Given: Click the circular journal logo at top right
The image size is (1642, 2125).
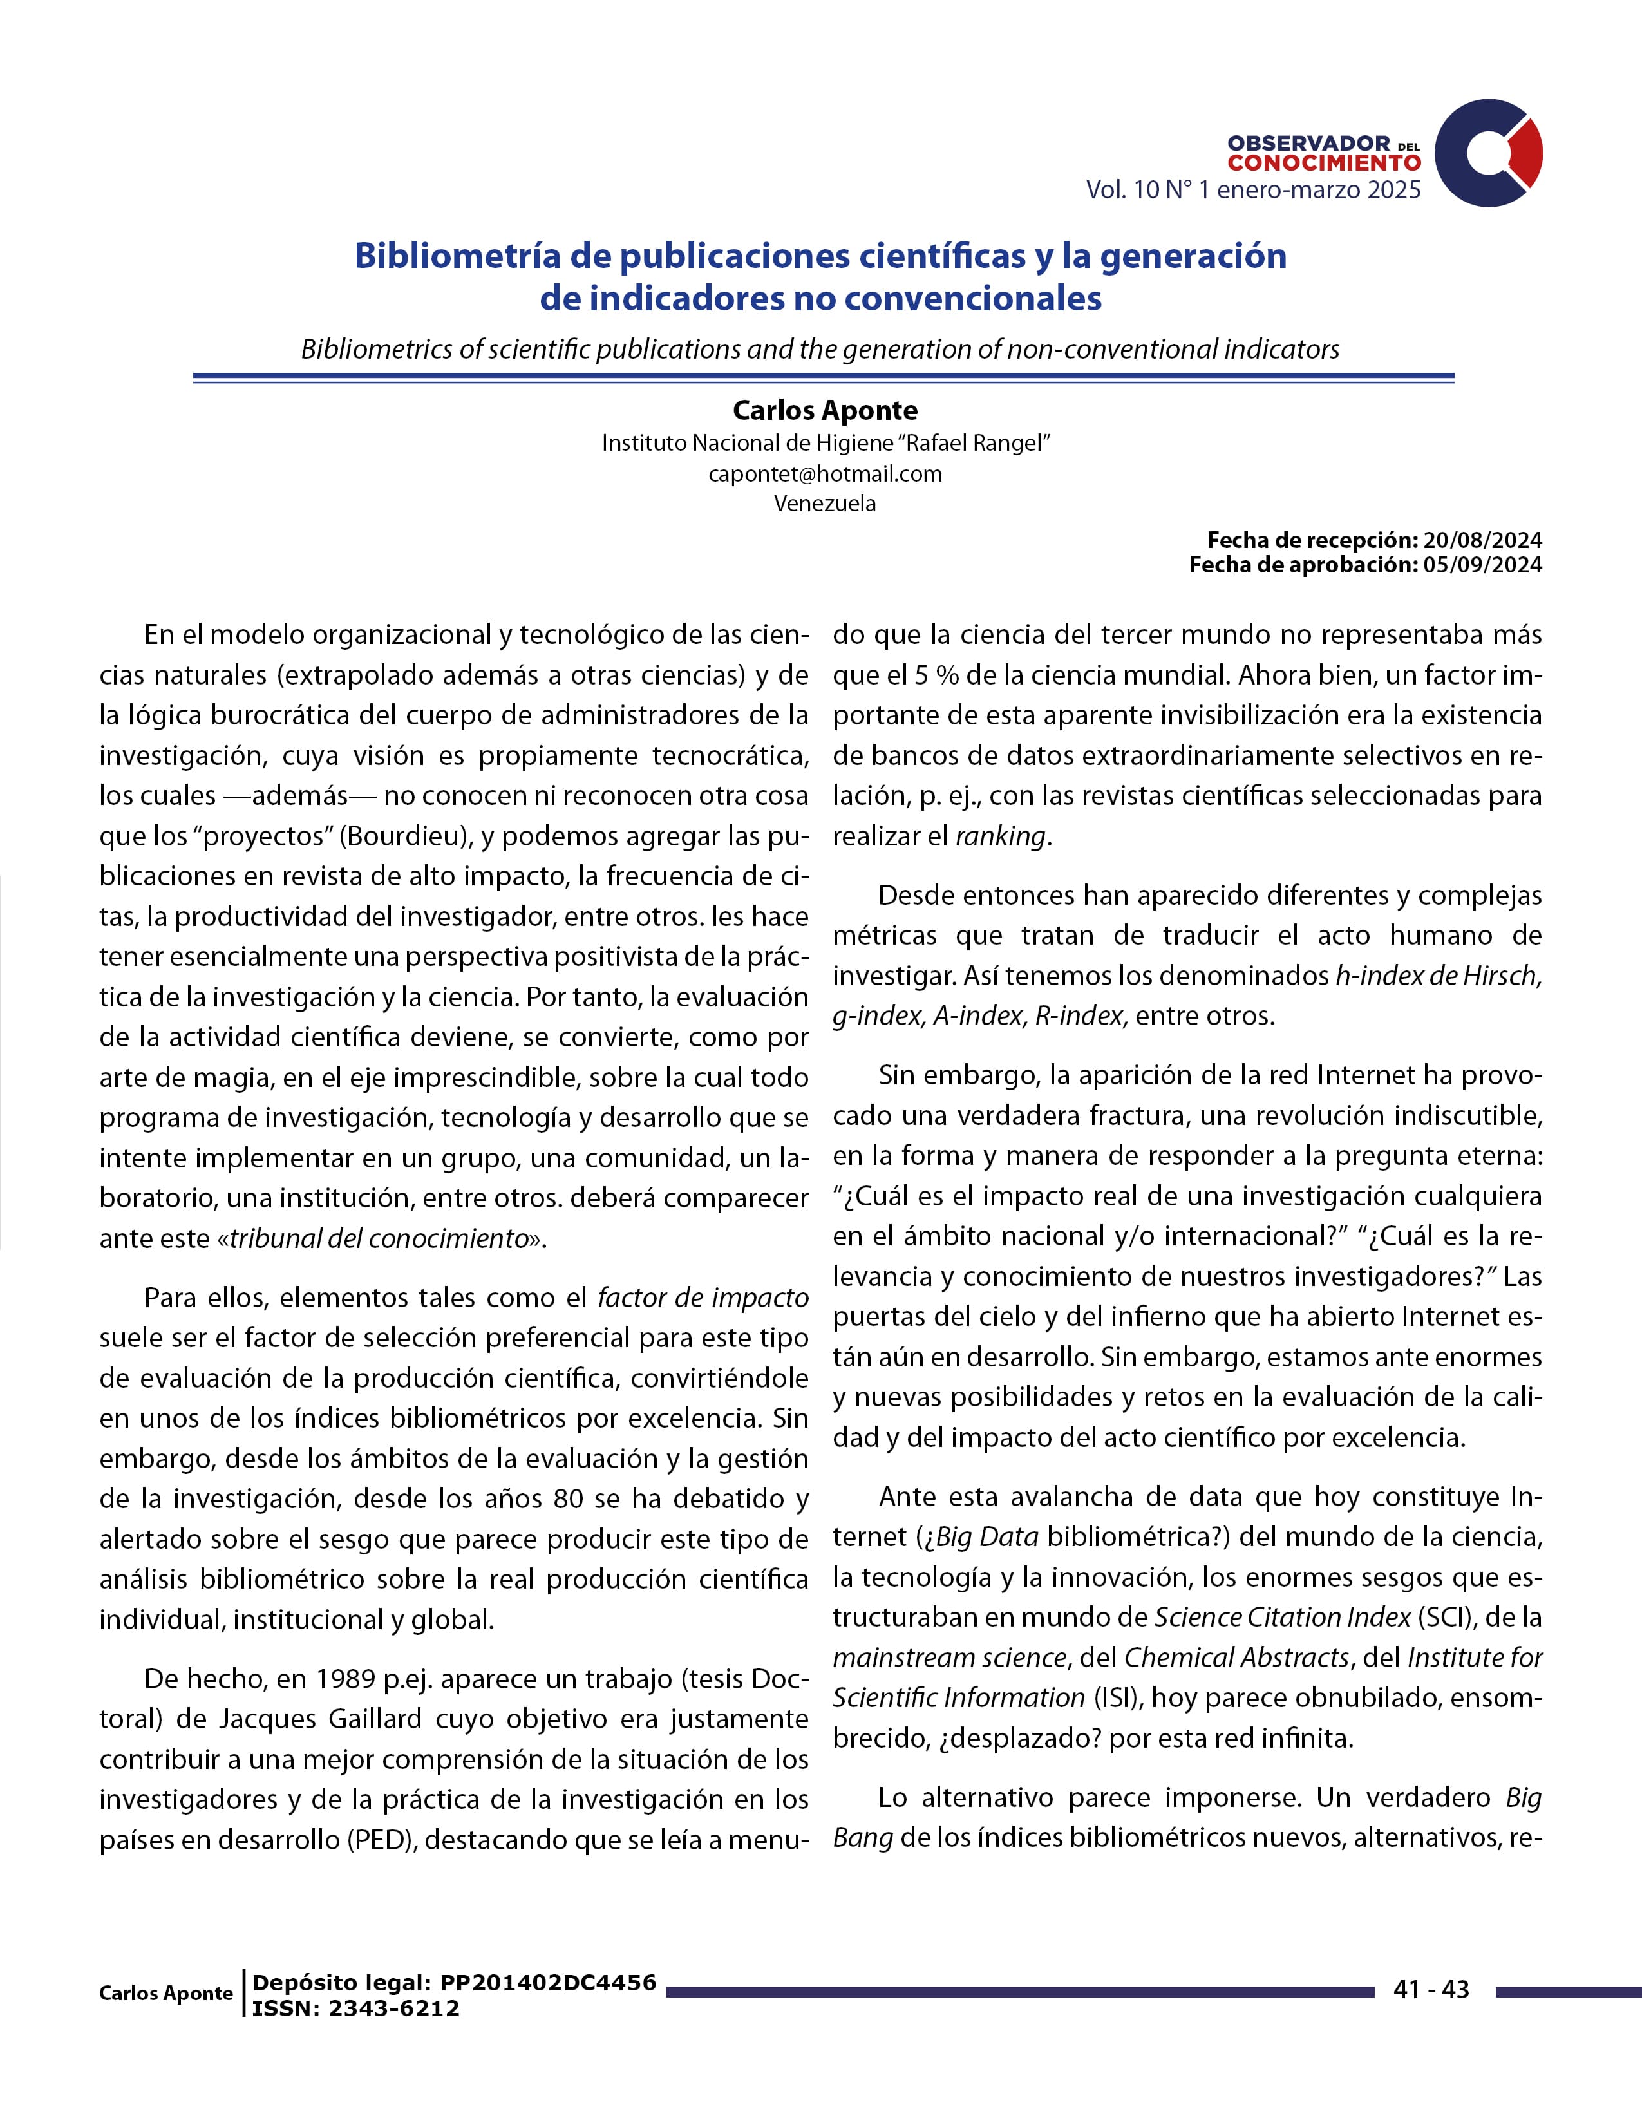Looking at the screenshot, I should coord(1488,153).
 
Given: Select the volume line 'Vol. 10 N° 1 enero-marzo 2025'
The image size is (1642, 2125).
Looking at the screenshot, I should coord(1253,190).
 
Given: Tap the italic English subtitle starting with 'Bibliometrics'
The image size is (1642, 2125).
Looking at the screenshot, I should coord(820,348).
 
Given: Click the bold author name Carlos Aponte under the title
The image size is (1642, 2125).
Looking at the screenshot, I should coord(825,411).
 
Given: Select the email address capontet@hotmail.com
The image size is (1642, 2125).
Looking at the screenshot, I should coord(825,474).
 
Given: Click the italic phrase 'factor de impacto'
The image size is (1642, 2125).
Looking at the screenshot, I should coord(703,1298).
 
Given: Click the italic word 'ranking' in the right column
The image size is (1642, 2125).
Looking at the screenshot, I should coord(1000,836).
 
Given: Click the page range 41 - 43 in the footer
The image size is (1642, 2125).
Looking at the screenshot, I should coord(1430,1990).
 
